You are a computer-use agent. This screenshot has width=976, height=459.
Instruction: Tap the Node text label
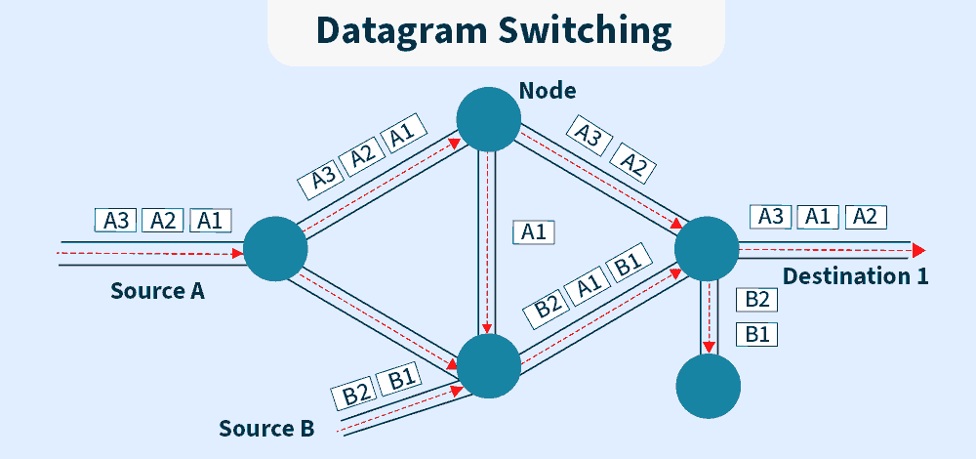(x=548, y=91)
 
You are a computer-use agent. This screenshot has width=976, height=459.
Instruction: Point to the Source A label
(x=157, y=290)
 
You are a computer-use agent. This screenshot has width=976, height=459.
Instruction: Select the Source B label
(x=265, y=428)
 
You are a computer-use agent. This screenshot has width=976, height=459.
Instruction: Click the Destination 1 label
(x=855, y=275)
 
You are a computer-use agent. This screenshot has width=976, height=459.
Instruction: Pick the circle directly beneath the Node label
(x=488, y=118)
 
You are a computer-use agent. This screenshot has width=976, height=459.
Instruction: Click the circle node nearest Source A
(x=275, y=249)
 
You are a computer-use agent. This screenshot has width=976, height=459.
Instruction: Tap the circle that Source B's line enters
(x=488, y=364)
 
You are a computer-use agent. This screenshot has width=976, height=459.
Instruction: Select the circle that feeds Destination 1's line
(x=706, y=248)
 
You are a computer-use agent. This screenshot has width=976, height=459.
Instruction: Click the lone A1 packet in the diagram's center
(x=533, y=232)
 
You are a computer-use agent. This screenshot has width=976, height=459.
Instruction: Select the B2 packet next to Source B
(x=356, y=395)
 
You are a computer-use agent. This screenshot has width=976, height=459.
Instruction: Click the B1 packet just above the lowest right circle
(x=761, y=334)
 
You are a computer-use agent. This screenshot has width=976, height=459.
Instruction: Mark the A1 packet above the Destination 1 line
(x=817, y=216)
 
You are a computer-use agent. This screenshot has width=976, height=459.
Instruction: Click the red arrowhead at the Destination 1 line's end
(x=918, y=248)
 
